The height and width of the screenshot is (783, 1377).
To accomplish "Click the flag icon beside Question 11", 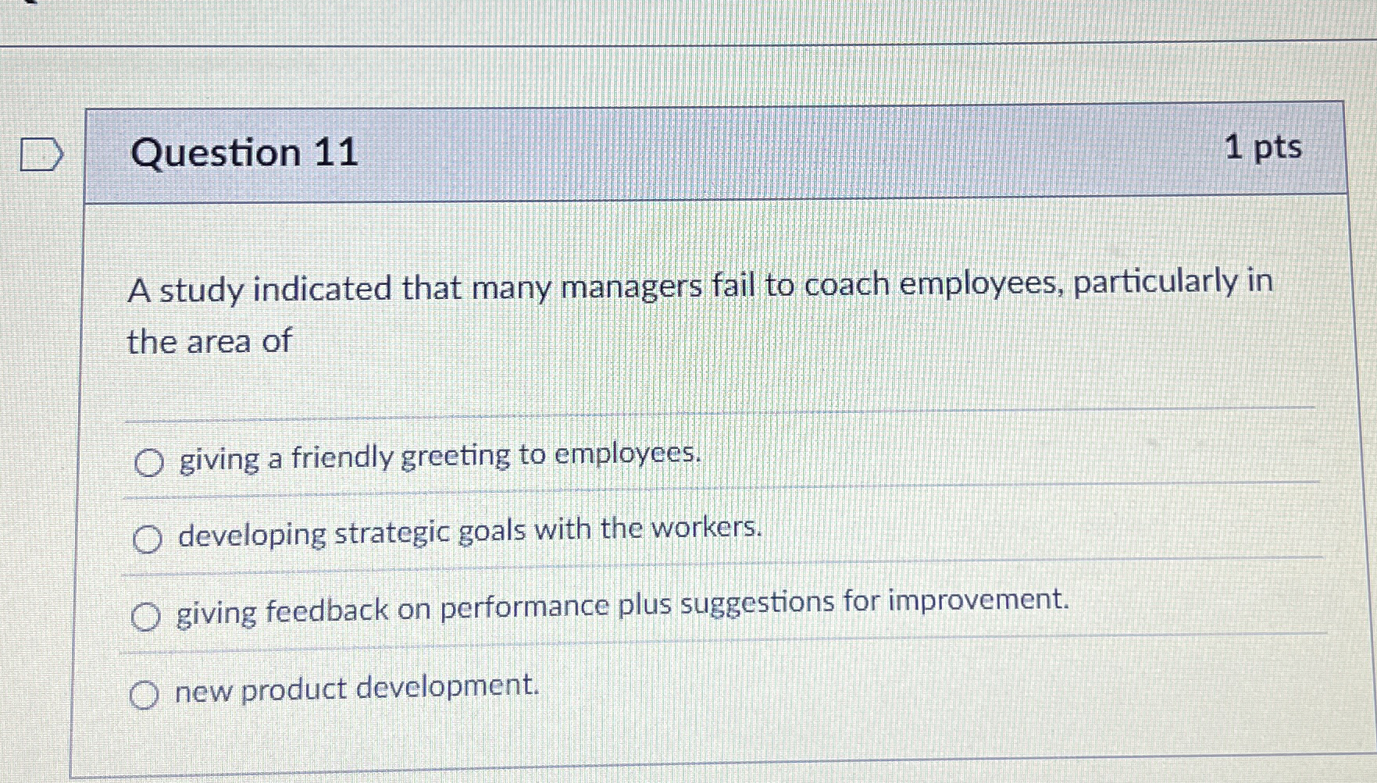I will pyautogui.click(x=41, y=154).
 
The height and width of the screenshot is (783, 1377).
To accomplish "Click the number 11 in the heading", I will pyautogui.click(x=336, y=151).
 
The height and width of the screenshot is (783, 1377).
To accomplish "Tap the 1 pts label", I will pyautogui.click(x=1262, y=147).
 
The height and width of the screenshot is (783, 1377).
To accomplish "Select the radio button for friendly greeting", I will pyautogui.click(x=148, y=463).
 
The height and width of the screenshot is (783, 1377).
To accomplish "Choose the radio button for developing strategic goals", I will pyautogui.click(x=147, y=539).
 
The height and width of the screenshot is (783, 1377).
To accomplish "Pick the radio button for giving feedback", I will pyautogui.click(x=146, y=617).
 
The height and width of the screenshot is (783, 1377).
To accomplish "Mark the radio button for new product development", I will pyautogui.click(x=144, y=694).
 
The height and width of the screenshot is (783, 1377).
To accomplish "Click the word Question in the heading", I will pyautogui.click(x=216, y=152).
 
